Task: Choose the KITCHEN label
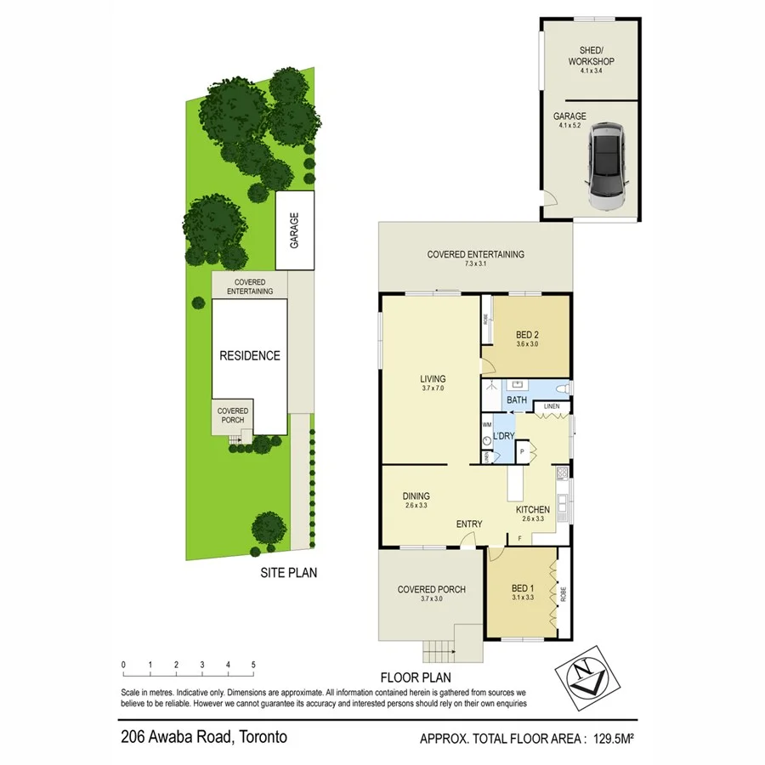534,510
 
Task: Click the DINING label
416,496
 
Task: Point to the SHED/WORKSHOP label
591,55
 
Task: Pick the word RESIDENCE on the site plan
250,356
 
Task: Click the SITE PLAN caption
288,573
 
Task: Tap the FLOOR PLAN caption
415,677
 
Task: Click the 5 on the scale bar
253,665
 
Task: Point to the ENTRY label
468,524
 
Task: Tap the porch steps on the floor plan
439,650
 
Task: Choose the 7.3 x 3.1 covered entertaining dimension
475,265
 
